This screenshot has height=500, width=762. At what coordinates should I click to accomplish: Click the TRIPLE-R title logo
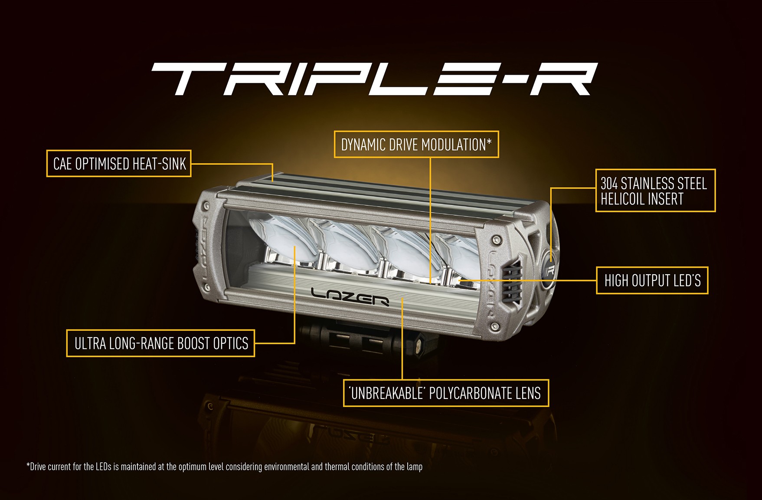tap(374, 79)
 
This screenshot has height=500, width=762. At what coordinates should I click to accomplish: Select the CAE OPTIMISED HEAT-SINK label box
tap(119, 164)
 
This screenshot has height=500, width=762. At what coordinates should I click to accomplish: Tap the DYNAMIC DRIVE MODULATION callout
tap(416, 144)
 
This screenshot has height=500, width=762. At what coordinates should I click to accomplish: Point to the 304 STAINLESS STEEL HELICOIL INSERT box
tap(655, 191)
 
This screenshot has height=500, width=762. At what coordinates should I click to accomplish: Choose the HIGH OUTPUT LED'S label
tap(652, 280)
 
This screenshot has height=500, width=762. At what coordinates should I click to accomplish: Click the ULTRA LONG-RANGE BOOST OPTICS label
tap(160, 343)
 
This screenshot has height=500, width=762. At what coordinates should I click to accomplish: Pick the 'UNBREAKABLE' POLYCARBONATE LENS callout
tap(446, 393)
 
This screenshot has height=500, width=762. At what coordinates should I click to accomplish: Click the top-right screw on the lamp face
tap(496, 238)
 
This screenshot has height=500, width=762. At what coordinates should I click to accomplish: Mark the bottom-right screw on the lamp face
tap(493, 326)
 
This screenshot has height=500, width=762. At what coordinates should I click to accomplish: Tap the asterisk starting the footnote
tap(28, 465)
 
